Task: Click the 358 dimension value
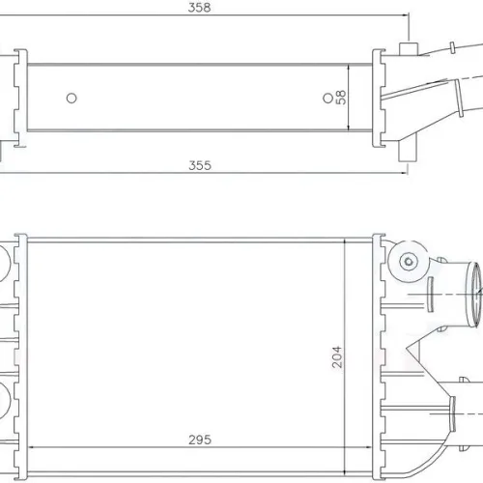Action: click(x=199, y=8)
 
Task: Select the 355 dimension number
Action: click(x=200, y=165)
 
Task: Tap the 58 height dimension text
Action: click(x=341, y=98)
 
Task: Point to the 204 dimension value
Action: click(x=337, y=356)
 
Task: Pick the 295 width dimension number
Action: click(x=200, y=440)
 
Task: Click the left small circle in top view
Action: click(x=71, y=98)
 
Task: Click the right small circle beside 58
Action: click(x=327, y=98)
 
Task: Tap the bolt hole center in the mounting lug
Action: click(x=409, y=261)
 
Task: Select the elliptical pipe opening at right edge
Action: click(x=474, y=295)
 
